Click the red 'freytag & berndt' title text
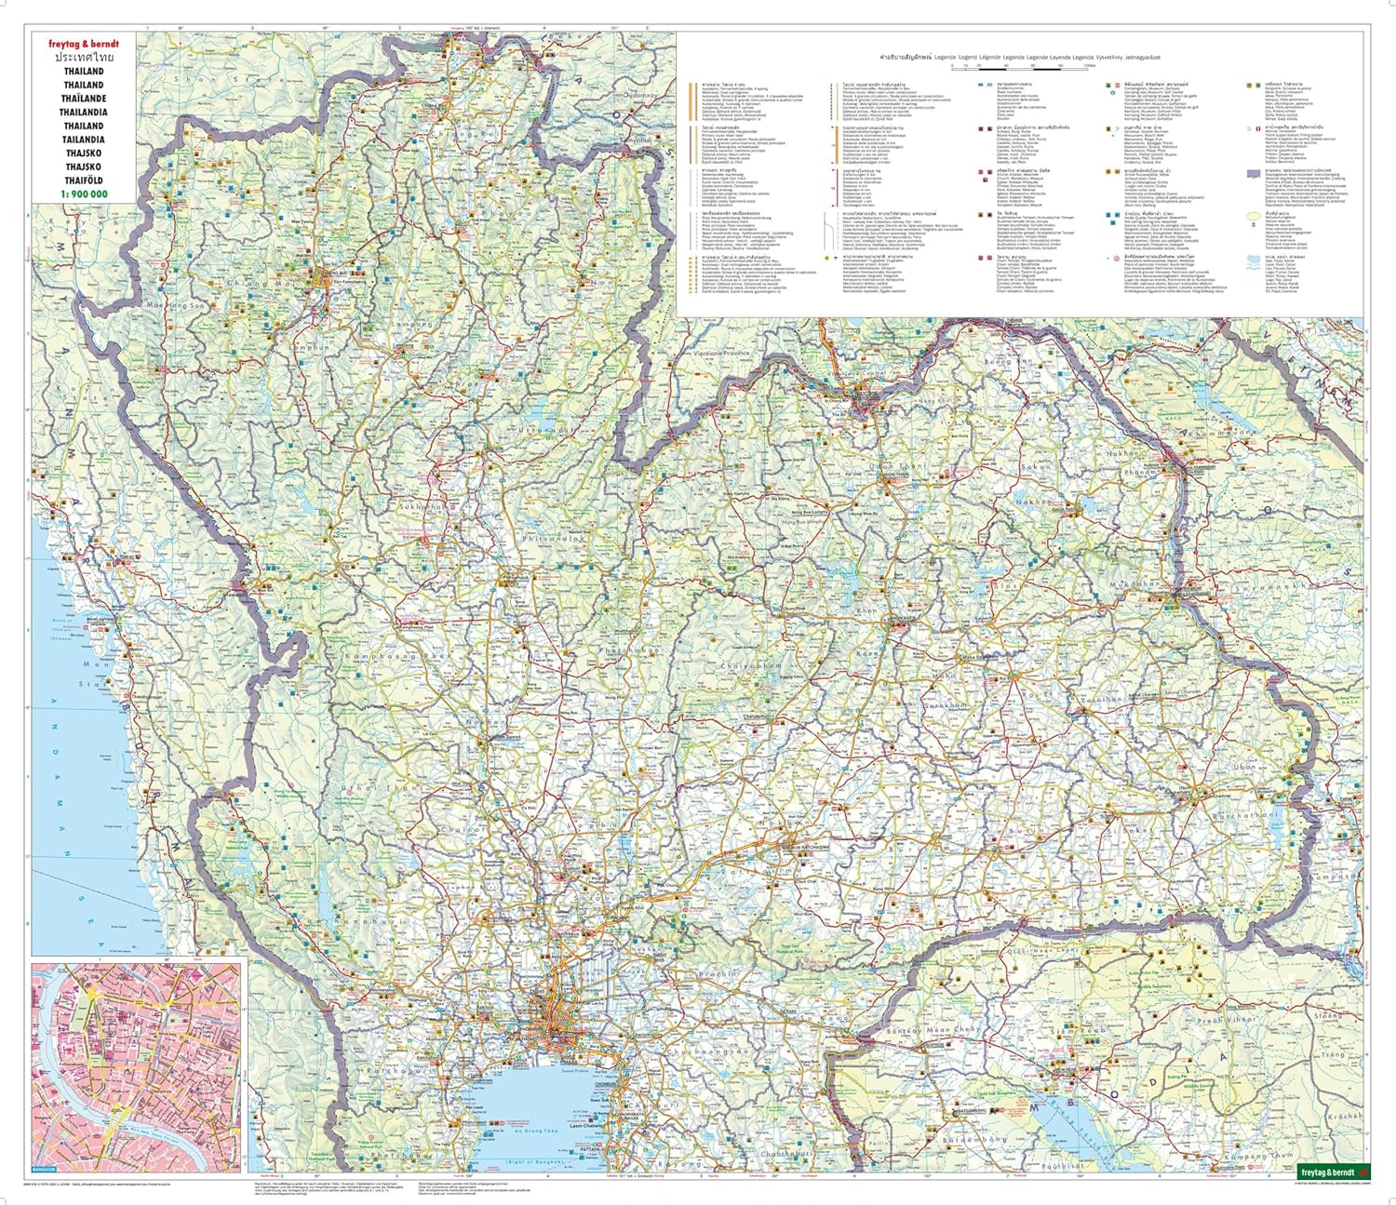[84, 44]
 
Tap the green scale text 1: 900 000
[84, 194]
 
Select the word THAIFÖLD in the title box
[84, 181]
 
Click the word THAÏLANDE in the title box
[84, 99]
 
